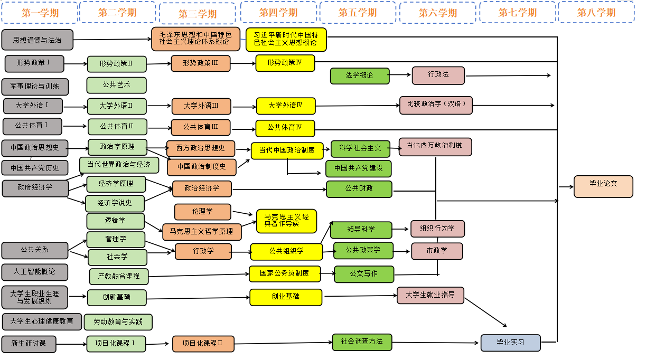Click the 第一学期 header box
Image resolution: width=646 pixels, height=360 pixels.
point(40,13)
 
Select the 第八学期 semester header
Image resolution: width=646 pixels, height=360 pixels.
point(596,13)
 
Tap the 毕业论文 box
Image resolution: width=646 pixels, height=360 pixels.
point(603,186)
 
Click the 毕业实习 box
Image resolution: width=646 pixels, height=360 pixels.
point(510,343)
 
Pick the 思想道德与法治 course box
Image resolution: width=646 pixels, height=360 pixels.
point(37,40)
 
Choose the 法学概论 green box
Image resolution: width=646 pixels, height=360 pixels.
point(360,75)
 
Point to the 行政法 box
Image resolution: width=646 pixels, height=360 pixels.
point(438,75)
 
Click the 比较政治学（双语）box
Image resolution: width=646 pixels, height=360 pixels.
point(436,105)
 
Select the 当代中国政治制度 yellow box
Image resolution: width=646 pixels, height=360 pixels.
point(287,150)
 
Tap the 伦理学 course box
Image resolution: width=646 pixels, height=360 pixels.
point(202,212)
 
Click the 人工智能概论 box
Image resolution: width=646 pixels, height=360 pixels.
point(35,272)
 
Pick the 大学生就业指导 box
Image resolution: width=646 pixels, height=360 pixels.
point(430,295)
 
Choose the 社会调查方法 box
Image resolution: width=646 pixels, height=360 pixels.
point(362,342)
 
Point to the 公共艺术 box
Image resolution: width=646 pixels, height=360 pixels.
point(116,85)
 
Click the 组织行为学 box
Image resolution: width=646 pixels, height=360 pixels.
point(437,229)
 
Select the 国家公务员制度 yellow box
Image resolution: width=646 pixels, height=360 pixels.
point(285,273)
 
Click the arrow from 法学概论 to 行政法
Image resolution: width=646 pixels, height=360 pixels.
point(400,75)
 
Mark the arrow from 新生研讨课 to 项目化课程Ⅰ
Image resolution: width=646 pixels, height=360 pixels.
point(71,345)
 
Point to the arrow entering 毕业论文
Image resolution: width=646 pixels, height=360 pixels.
point(566,186)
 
